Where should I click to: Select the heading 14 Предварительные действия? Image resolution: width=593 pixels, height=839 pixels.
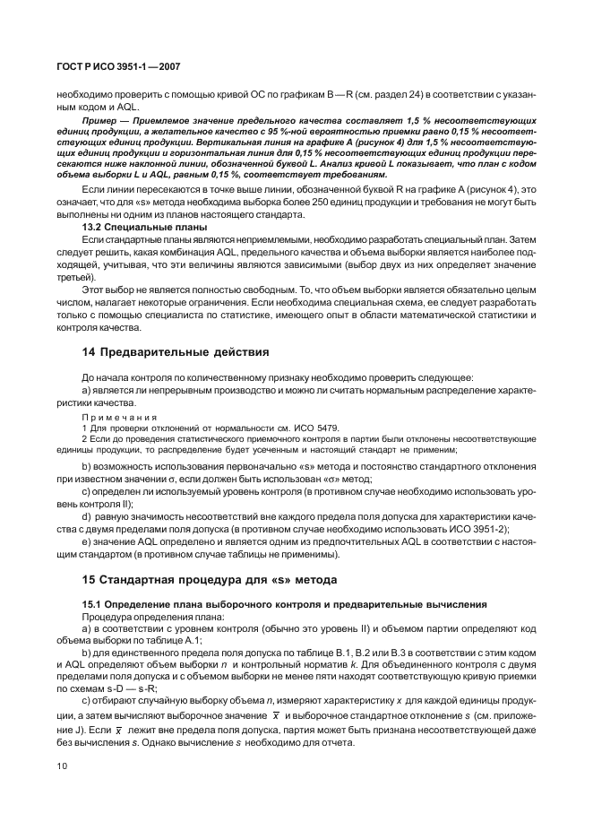tap(175, 351)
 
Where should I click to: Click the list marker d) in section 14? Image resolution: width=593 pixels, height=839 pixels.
tap(86, 516)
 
